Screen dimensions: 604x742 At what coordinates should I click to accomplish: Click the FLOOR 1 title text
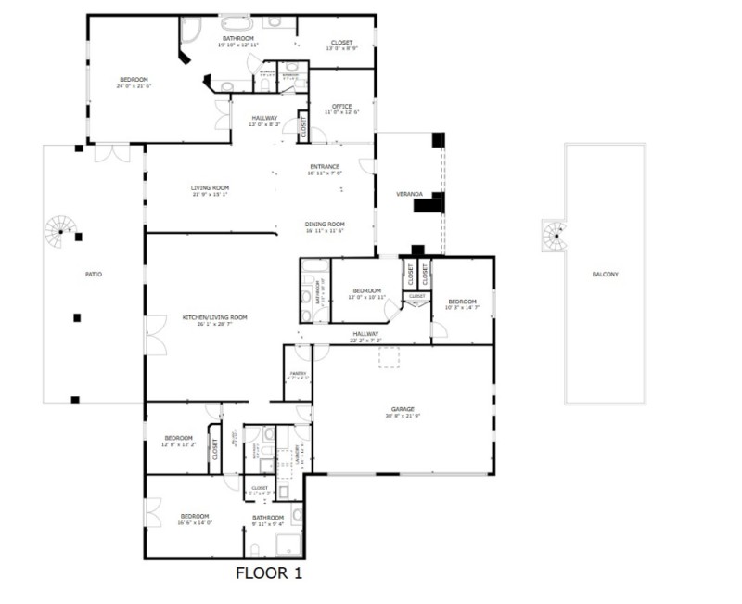click(269, 573)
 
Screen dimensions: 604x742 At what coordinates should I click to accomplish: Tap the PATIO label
click(94, 275)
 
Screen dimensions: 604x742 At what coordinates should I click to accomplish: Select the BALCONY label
click(605, 275)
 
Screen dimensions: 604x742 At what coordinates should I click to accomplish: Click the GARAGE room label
click(403, 408)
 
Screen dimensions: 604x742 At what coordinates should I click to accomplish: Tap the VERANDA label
click(409, 195)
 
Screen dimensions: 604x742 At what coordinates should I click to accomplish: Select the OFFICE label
click(341, 106)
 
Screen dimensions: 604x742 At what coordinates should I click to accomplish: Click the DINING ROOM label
click(325, 224)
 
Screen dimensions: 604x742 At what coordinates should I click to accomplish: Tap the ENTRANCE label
click(325, 167)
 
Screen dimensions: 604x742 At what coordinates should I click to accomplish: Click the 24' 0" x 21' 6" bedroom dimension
click(134, 86)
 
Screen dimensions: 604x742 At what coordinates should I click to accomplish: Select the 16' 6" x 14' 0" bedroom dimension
click(195, 522)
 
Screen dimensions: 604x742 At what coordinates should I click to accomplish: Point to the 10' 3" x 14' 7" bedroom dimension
click(462, 307)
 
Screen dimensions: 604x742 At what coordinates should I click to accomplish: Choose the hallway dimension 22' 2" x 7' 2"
click(365, 341)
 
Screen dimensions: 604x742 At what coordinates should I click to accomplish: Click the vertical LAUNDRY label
click(298, 454)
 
